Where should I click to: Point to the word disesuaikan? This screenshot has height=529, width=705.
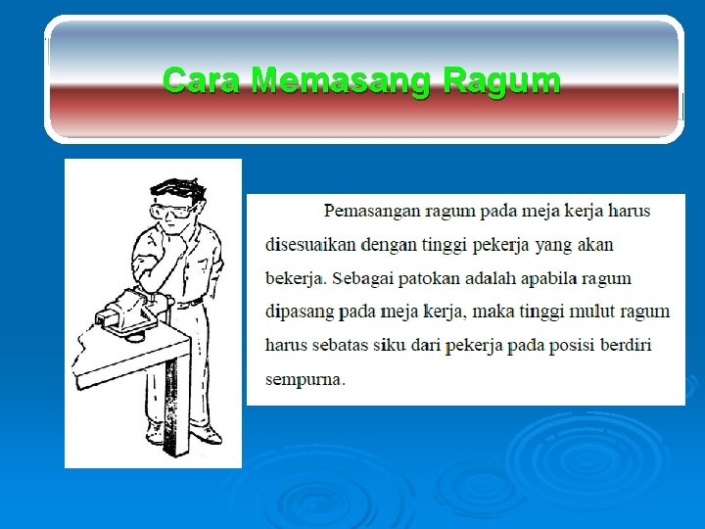point(309,244)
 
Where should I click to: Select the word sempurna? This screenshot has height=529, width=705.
point(304,379)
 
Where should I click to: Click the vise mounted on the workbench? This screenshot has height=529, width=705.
point(132,312)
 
